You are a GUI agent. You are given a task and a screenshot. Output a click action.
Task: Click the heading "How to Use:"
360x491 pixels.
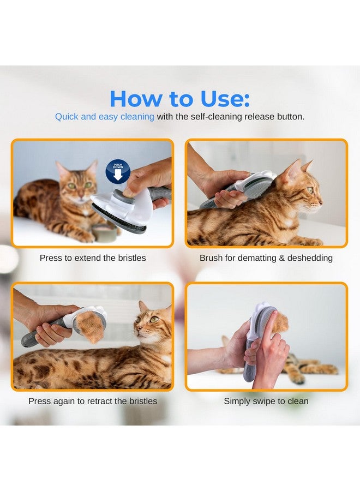179,98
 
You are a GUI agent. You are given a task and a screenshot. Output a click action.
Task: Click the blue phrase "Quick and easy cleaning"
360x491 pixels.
104,117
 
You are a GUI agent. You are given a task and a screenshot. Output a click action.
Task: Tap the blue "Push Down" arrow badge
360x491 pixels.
118,171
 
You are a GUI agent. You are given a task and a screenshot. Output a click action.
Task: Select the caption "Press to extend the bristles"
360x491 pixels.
93,258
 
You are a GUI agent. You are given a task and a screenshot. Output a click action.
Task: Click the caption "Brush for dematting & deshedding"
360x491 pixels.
266,258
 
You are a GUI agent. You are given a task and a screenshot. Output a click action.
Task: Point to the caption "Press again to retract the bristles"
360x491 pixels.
93,401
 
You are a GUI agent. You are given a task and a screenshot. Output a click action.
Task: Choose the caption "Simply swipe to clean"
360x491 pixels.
266,401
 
